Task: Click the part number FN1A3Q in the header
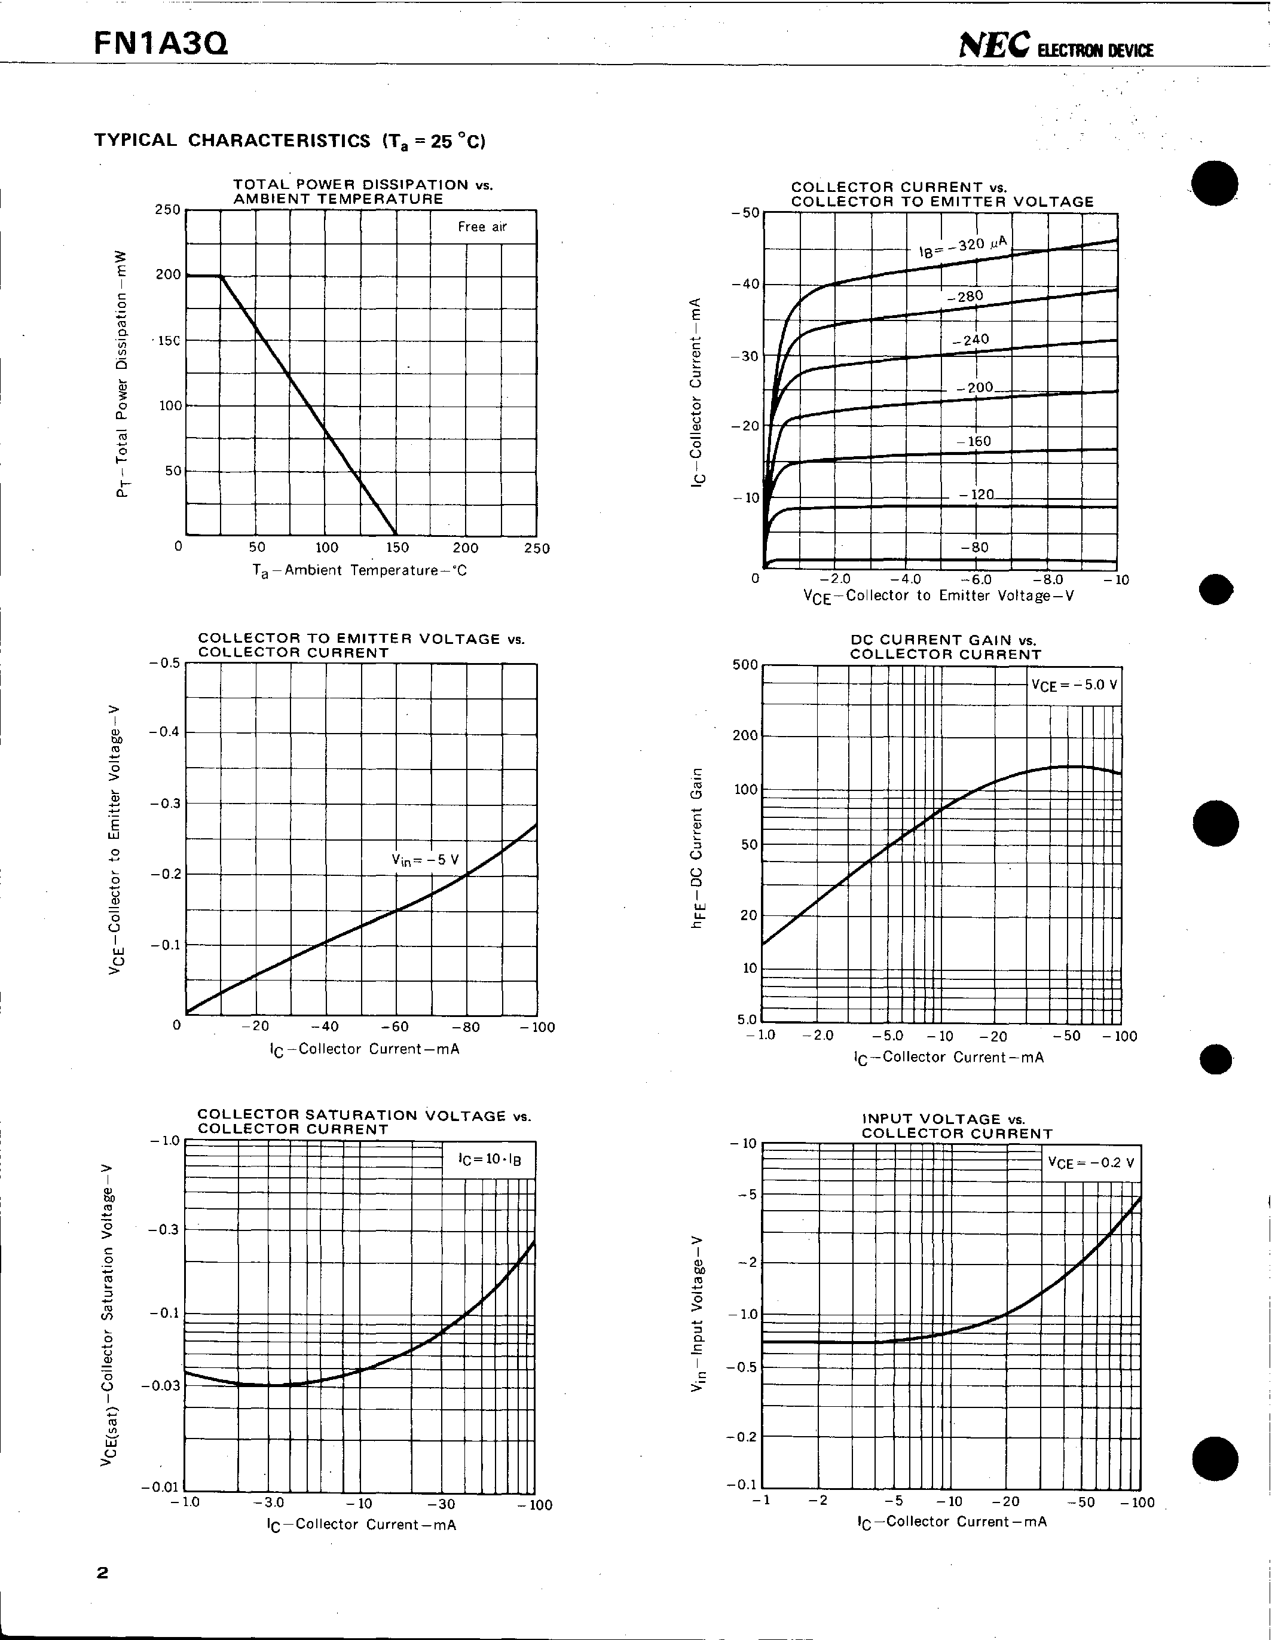click(x=161, y=44)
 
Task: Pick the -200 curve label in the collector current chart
click(x=976, y=387)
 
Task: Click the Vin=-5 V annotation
click(x=425, y=860)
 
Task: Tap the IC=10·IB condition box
click(x=490, y=1159)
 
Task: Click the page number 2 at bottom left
click(x=102, y=1572)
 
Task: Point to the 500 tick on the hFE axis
click(x=745, y=665)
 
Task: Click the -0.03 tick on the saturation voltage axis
click(x=161, y=1385)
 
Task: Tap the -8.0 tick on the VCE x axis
click(x=1047, y=579)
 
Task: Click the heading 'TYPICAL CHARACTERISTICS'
click(x=232, y=141)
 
